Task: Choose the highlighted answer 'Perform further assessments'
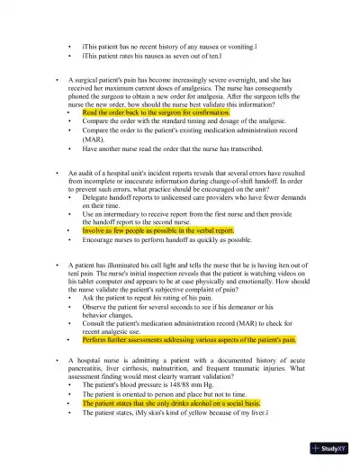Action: pos(189,340)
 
